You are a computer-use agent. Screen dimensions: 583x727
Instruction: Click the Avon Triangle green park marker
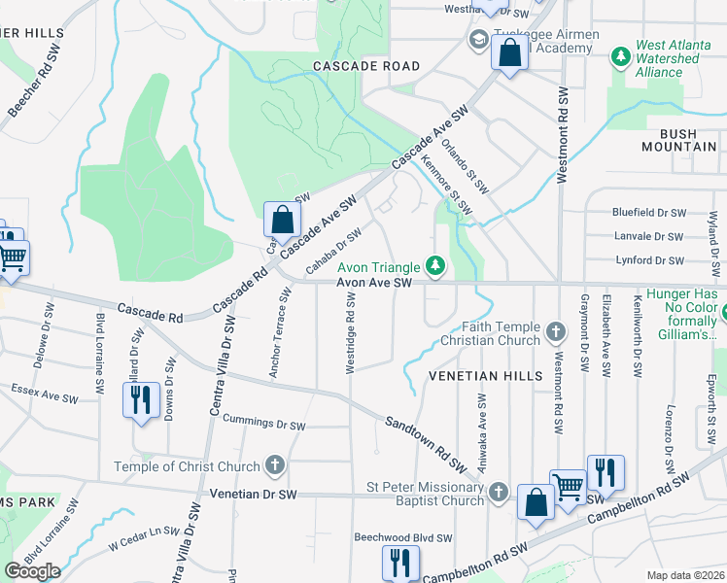tap(437, 265)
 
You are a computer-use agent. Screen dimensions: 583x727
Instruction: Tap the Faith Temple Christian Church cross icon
tap(556, 333)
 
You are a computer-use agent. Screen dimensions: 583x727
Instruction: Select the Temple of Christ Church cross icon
tap(275, 465)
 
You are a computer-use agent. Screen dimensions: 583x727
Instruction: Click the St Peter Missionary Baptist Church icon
tap(499, 492)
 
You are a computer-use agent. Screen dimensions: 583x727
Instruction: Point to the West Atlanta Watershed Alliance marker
tap(620, 58)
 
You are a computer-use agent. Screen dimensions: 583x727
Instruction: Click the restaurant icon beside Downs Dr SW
tap(141, 399)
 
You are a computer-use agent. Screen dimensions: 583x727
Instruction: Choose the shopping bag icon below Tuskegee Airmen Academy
tap(510, 52)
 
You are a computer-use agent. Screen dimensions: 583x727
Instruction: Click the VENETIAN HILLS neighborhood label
tap(481, 375)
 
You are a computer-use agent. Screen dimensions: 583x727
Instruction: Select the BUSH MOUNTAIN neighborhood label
tap(679, 140)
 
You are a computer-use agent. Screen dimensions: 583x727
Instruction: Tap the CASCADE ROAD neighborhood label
tap(366, 66)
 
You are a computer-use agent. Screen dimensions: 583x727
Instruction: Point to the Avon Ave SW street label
tap(375, 283)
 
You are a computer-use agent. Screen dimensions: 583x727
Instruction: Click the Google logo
tap(32, 571)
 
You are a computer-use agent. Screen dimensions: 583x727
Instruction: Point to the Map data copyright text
tap(685, 575)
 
